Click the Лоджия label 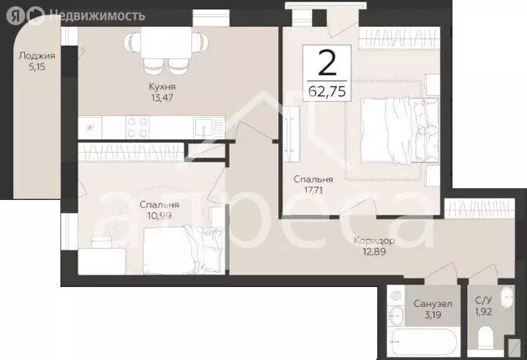(x=37, y=56)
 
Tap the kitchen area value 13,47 (x=162, y=98)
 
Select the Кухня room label (x=162, y=87)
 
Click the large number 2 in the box (x=327, y=63)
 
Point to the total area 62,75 (x=327, y=91)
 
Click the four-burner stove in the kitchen (x=138, y=127)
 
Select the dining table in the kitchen (x=166, y=42)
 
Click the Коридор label (x=374, y=241)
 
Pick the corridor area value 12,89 (x=374, y=252)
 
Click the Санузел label (x=433, y=304)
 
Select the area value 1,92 (x=484, y=311)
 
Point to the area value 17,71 (x=313, y=191)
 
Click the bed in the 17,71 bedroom (x=400, y=130)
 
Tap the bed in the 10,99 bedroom (x=184, y=250)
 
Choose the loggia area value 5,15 (x=37, y=67)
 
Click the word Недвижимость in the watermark (x=97, y=15)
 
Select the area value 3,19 (x=433, y=315)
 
